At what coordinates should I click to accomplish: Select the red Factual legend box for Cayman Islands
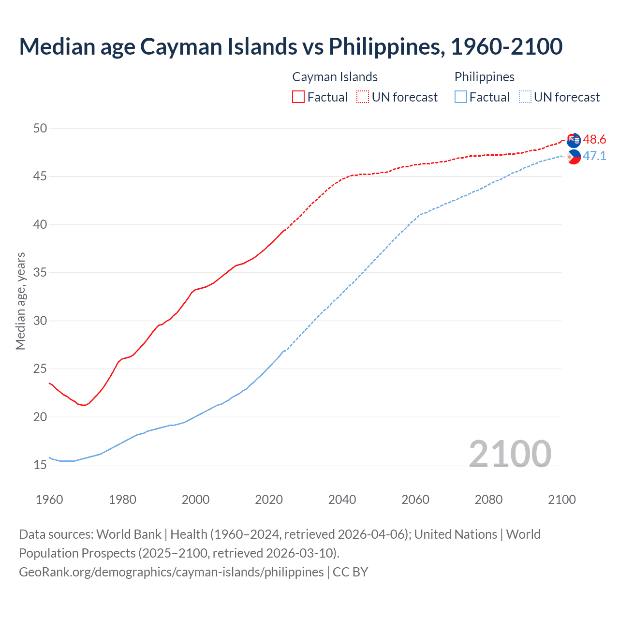tap(298, 97)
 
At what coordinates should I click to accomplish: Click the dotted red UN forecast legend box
tap(363, 97)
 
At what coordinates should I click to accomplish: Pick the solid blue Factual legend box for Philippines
tap(461, 97)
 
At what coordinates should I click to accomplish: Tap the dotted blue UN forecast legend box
tap(525, 97)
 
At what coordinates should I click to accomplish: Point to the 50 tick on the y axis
tap(40, 128)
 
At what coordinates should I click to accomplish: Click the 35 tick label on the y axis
tap(40, 273)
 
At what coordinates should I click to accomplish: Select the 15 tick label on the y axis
tap(40, 465)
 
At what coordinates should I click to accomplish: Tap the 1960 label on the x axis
tap(49, 500)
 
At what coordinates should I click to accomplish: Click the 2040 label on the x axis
tap(342, 500)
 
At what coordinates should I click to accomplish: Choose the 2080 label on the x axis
tap(488, 500)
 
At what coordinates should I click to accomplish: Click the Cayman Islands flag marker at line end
tap(574, 140)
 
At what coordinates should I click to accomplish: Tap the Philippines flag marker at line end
tap(574, 157)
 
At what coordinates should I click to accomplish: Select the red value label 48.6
tap(594, 140)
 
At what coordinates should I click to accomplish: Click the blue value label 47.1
tap(594, 156)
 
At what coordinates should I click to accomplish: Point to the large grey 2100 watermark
tap(510, 454)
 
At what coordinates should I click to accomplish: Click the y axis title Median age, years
tap(20, 301)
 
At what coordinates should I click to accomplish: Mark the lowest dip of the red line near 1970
tap(84, 405)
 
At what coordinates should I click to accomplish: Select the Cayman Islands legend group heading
tap(335, 77)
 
